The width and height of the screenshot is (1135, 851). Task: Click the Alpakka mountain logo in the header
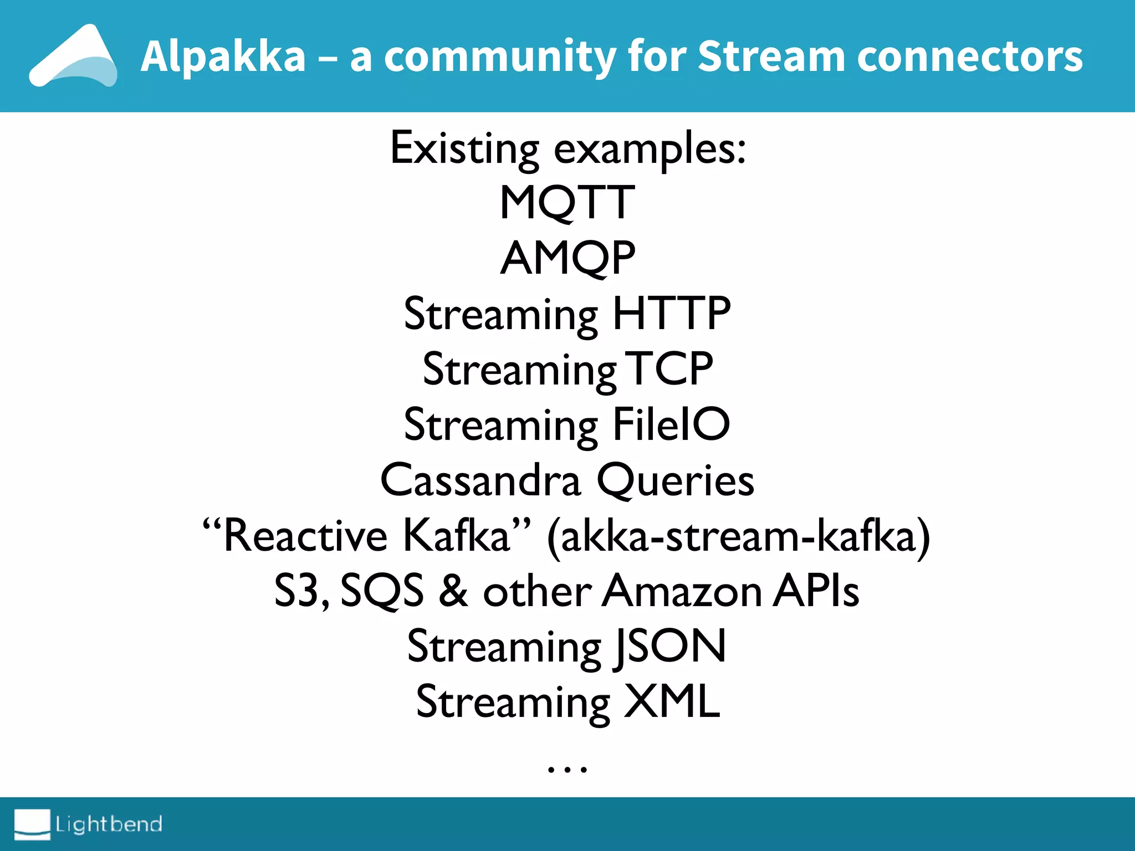click(x=73, y=57)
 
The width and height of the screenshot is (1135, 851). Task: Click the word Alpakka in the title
click(x=223, y=57)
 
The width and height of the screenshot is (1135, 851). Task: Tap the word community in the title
click(x=500, y=57)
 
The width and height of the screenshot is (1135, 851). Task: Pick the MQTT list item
click(x=567, y=203)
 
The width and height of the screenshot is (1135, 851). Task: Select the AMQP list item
click(x=567, y=259)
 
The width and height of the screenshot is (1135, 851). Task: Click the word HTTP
click(x=671, y=314)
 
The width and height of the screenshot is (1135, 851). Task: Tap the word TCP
click(x=668, y=369)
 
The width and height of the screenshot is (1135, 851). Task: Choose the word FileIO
click(x=671, y=424)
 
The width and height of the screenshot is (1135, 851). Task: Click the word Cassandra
click(x=480, y=480)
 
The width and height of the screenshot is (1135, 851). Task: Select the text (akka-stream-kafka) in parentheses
click(x=738, y=536)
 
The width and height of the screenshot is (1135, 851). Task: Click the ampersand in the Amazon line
click(x=453, y=591)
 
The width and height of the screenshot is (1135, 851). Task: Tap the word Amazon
click(x=682, y=591)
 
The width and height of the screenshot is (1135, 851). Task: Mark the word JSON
click(x=670, y=647)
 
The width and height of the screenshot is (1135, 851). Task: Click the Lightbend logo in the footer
click(x=89, y=824)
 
